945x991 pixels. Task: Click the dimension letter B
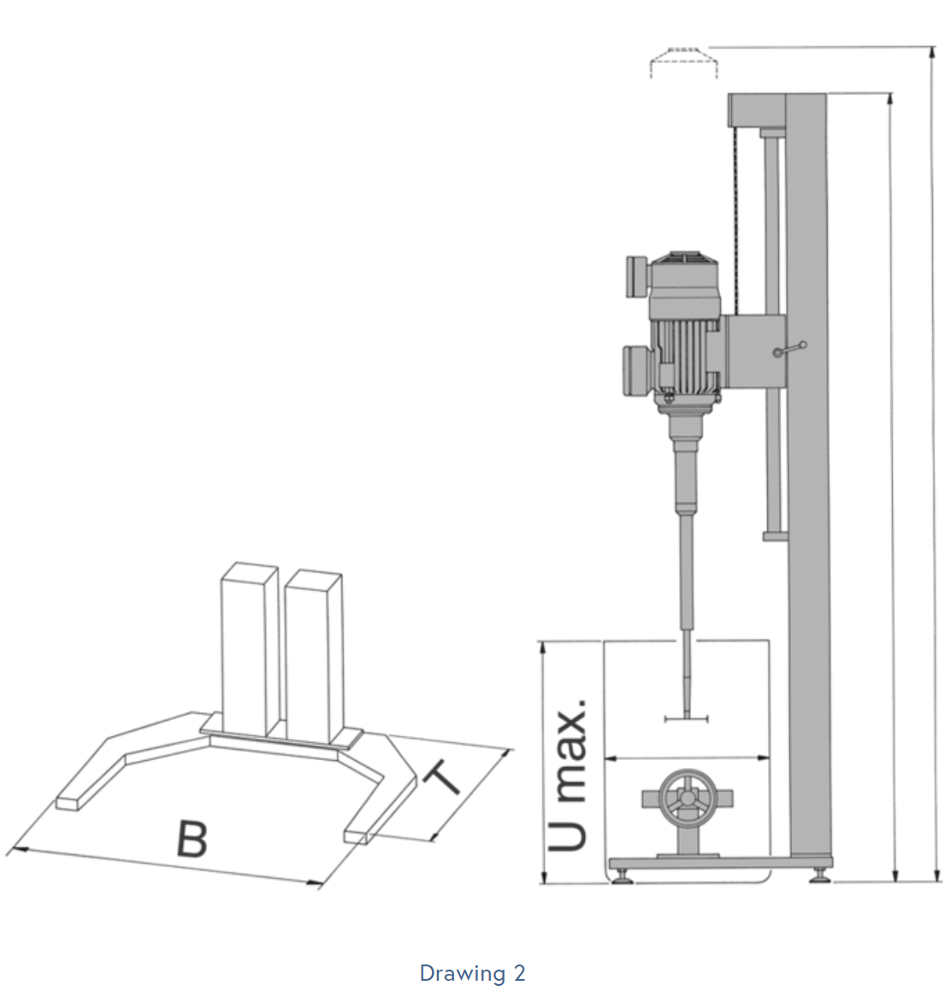click(x=192, y=839)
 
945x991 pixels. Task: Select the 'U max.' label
click(x=568, y=775)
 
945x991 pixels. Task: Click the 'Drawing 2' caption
click(x=472, y=973)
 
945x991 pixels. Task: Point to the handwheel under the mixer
click(x=687, y=799)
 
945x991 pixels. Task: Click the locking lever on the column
click(x=790, y=349)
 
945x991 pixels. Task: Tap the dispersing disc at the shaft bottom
click(x=687, y=718)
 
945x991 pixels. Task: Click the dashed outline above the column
click(x=684, y=62)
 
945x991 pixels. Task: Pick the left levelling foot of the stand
click(x=623, y=876)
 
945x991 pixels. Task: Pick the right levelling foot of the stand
click(x=820, y=876)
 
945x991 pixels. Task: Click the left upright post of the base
click(x=249, y=649)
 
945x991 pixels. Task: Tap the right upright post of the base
click(x=314, y=656)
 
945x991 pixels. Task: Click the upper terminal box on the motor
click(x=638, y=276)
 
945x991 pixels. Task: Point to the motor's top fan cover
click(x=686, y=268)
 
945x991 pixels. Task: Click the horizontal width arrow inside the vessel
click(x=687, y=758)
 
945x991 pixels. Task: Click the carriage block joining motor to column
click(x=755, y=351)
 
